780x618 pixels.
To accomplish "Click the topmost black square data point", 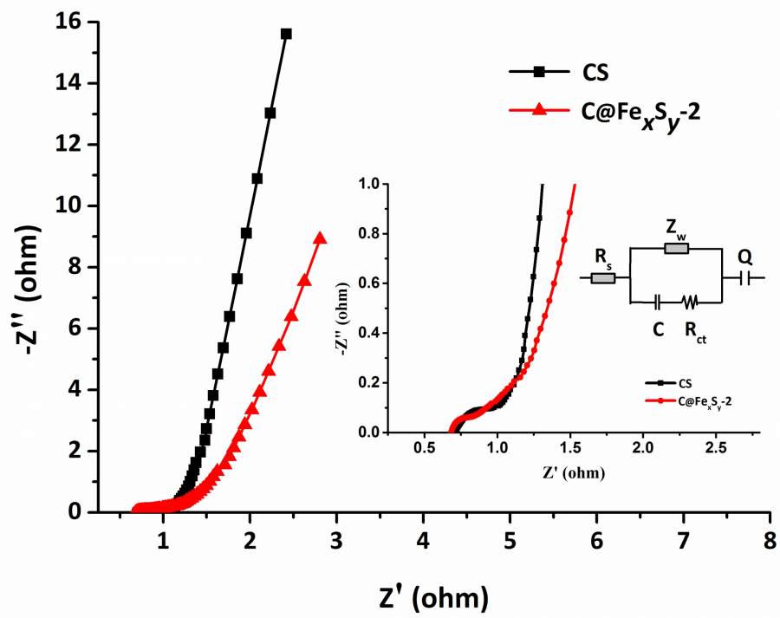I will pos(286,34).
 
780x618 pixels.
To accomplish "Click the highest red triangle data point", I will pos(320,238).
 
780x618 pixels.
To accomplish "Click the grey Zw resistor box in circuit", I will pos(677,249).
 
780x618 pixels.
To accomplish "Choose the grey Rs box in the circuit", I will pos(602,278).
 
